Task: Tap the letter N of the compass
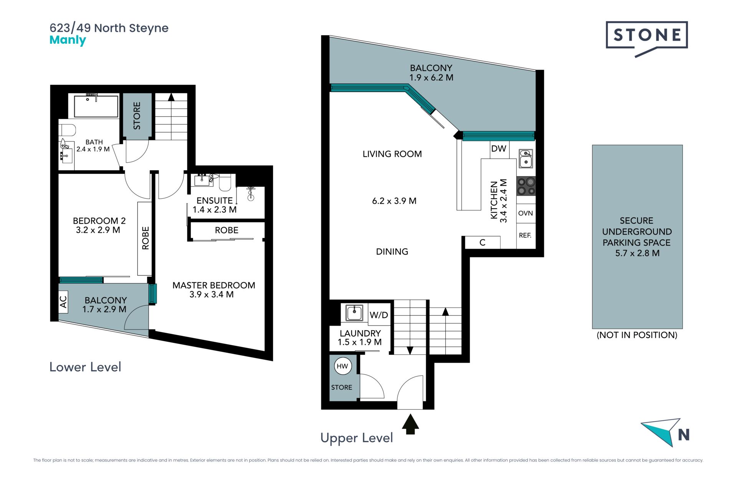coord(684,435)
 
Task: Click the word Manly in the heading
coord(68,40)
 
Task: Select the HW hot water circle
coord(342,366)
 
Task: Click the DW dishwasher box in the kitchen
coord(499,149)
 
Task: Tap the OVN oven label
coord(525,213)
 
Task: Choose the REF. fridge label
coord(525,235)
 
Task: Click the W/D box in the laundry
coord(379,315)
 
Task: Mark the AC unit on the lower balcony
coord(63,302)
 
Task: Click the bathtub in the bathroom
coord(96,106)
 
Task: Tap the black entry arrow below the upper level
coord(410,424)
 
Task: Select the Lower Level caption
coord(85,367)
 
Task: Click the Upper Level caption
coord(357,438)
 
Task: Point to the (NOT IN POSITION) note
coord(637,335)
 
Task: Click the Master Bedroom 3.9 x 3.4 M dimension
coord(212,295)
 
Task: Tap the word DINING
coord(392,252)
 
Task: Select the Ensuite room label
coord(215,201)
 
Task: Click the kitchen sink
coord(526,159)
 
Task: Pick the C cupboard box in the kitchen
coord(483,242)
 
